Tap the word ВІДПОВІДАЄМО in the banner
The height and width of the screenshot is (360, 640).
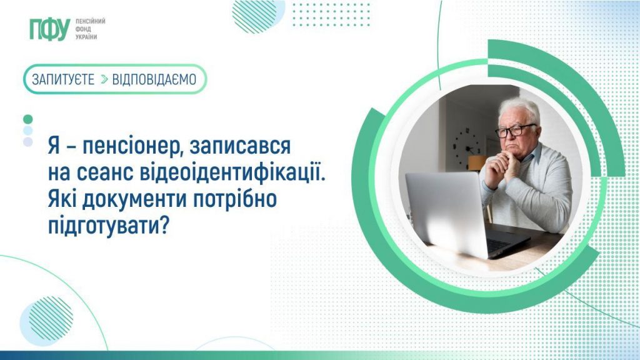point(154,79)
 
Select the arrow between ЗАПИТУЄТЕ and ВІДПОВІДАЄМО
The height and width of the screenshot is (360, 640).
point(104,79)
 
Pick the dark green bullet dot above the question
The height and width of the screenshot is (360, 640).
point(27,119)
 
